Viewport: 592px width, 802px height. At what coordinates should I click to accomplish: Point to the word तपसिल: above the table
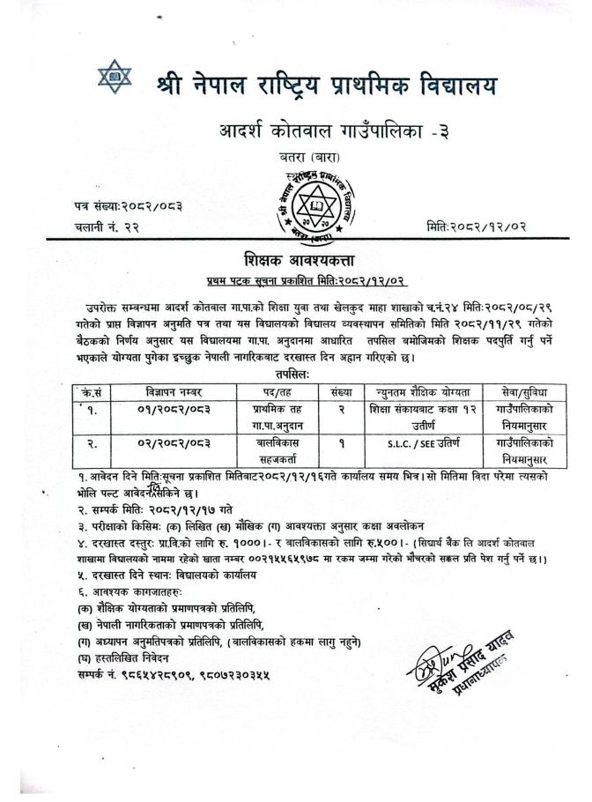tap(299, 374)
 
